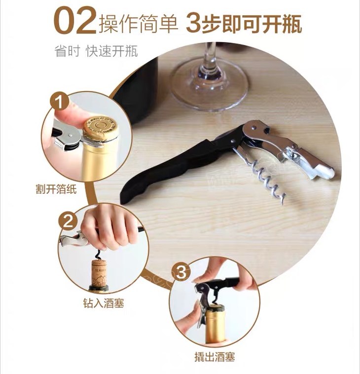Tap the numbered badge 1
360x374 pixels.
(60, 101)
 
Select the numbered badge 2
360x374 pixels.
(68, 221)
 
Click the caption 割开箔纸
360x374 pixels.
(56, 189)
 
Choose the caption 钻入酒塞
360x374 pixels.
(104, 303)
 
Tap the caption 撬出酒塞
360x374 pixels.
(215, 357)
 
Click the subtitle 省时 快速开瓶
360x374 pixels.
(96, 51)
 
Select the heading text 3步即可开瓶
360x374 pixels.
(244, 23)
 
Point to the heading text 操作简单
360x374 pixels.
(139, 23)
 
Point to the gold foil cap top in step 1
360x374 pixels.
(100, 128)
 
